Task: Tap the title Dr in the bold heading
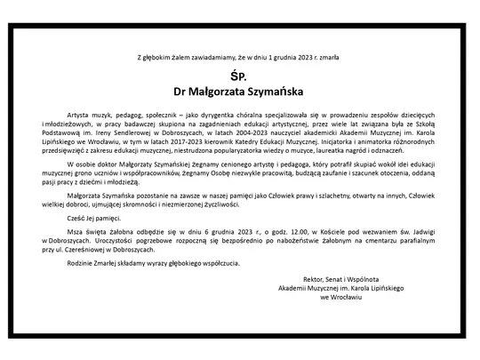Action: [184, 90]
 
